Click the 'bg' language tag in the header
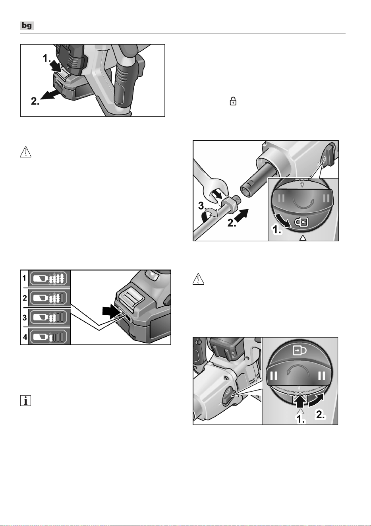click(x=27, y=25)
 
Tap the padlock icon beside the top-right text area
click(x=233, y=101)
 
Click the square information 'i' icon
click(x=25, y=401)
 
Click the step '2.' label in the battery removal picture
click(x=35, y=101)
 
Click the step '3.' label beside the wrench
click(x=203, y=206)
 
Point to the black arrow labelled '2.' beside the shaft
click(x=241, y=215)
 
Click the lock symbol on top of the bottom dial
click(x=300, y=351)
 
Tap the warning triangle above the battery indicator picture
click(x=25, y=152)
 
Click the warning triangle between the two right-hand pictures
click(x=198, y=279)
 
